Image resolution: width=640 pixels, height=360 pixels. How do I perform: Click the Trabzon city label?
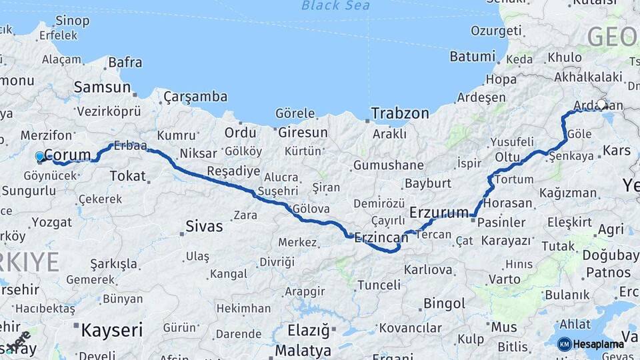click(x=400, y=113)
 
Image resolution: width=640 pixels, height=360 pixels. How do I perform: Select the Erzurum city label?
click(x=439, y=213)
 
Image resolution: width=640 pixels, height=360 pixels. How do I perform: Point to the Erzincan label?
click(x=381, y=237)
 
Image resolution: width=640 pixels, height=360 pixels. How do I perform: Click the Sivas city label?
click(x=205, y=226)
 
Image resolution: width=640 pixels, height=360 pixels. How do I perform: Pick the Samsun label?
click(x=102, y=87)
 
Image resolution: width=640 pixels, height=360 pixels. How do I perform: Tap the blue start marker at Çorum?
click(x=40, y=157)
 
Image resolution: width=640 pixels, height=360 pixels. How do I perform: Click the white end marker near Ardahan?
click(x=602, y=105)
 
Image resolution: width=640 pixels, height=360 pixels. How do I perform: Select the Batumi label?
click(x=472, y=57)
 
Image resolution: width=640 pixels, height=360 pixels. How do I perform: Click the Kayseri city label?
click(x=112, y=329)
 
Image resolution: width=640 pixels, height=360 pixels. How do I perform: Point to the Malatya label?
click(x=303, y=350)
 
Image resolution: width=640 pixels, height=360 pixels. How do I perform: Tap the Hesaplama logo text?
click(x=599, y=344)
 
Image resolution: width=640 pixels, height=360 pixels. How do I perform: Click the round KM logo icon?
click(x=564, y=344)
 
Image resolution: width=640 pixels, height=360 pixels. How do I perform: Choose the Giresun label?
click(x=303, y=132)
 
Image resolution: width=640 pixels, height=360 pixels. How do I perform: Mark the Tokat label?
click(x=127, y=176)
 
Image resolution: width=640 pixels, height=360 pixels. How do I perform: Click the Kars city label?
click(x=616, y=151)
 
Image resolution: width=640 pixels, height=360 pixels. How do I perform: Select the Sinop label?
click(x=73, y=21)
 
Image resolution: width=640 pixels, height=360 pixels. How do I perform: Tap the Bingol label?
click(x=445, y=304)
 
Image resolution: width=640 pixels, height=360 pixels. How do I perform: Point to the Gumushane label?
click(x=389, y=165)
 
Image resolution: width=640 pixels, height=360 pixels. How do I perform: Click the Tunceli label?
click(x=379, y=285)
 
